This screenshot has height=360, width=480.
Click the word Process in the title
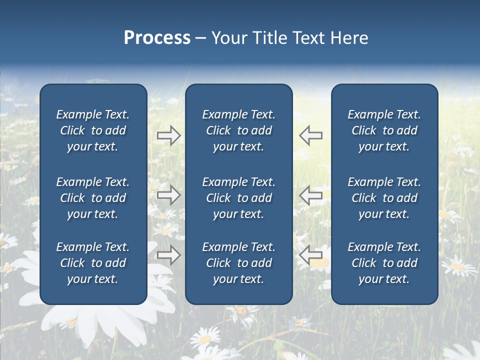(x=157, y=38)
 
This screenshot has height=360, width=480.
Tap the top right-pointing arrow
(x=169, y=135)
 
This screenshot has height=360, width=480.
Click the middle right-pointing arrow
(x=169, y=195)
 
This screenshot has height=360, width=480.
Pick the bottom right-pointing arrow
(x=169, y=255)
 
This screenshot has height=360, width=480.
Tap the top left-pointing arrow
(x=310, y=135)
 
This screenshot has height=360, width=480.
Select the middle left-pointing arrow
(x=310, y=195)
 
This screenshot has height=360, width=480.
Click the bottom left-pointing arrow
(x=310, y=255)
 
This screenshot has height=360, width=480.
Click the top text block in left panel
(x=93, y=130)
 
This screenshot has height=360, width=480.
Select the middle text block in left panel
(x=93, y=198)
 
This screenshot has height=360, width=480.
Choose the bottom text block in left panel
(x=93, y=263)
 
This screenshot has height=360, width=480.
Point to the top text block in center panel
(x=238, y=130)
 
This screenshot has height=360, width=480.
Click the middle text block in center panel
(x=238, y=198)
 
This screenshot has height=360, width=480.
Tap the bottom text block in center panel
(x=238, y=263)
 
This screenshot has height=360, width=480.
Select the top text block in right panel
(x=384, y=130)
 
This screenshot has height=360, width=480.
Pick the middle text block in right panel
(x=384, y=198)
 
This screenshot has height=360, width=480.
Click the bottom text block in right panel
(x=384, y=263)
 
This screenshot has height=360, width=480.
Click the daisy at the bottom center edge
(x=205, y=340)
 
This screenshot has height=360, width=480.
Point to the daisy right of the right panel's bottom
(x=457, y=267)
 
